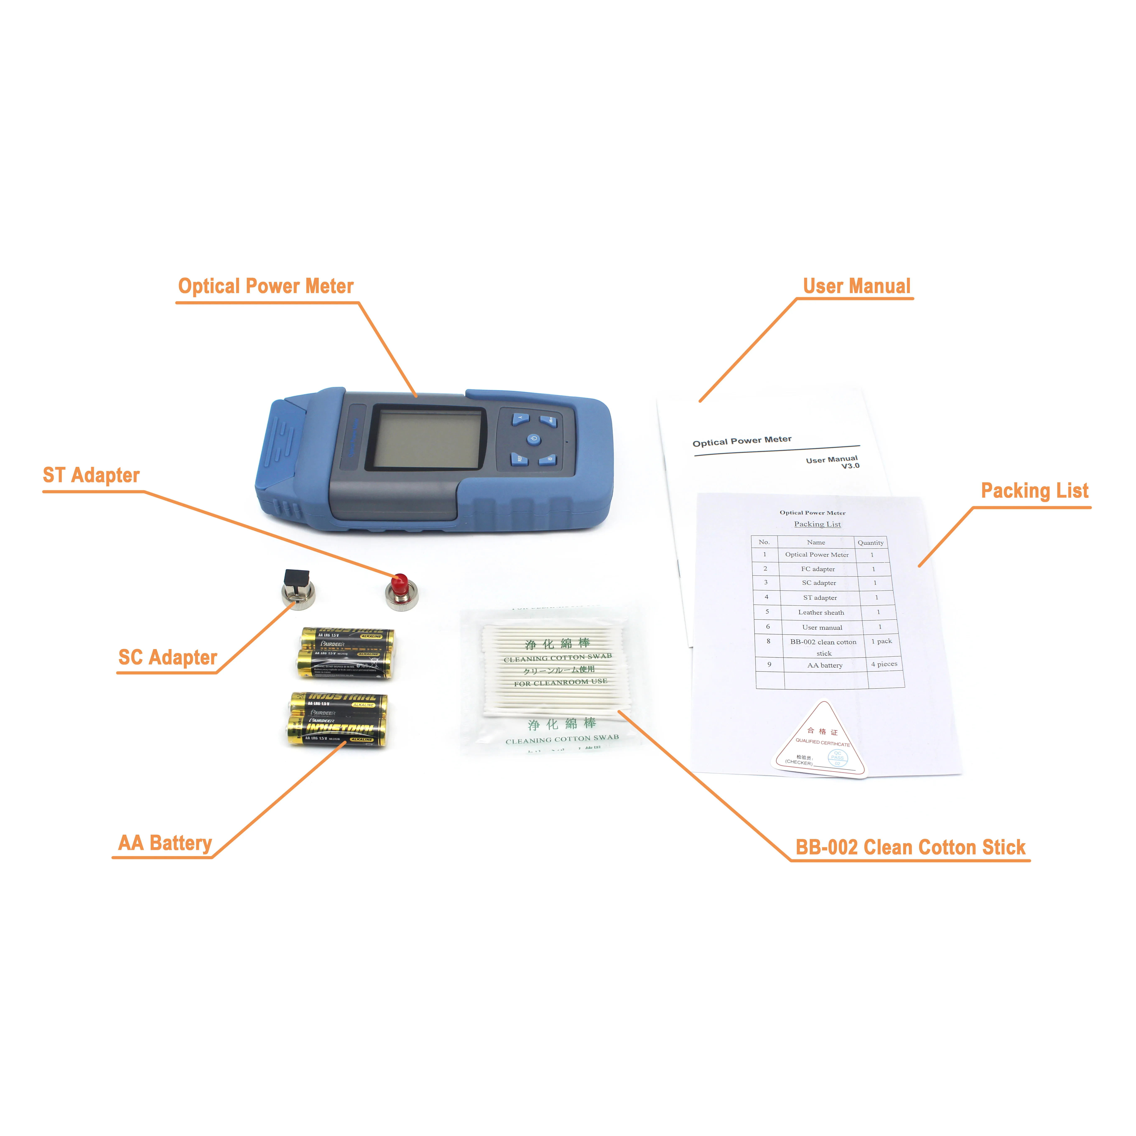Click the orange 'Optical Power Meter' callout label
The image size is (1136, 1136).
(266, 286)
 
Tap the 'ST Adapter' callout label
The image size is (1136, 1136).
(91, 475)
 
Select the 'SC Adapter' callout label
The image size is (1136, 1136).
(168, 657)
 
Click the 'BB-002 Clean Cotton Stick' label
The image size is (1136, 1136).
(910, 847)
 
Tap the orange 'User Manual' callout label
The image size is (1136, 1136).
(857, 286)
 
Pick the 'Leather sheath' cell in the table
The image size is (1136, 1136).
(821, 612)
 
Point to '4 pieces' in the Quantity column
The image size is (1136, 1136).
(884, 664)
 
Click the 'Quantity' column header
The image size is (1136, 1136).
(870, 542)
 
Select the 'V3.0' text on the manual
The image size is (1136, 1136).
(850, 466)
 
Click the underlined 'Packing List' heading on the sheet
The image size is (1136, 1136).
(817, 524)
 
